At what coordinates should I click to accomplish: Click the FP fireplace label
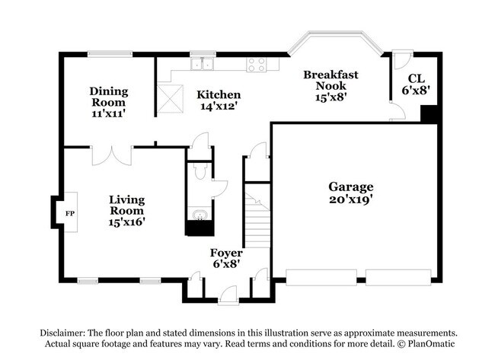point(70,214)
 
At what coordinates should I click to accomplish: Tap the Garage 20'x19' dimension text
point(351,199)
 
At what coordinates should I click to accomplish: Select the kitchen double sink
point(203,64)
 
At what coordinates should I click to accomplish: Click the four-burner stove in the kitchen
point(257,65)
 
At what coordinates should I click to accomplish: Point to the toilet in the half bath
point(200,171)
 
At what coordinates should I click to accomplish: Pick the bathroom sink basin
point(200,215)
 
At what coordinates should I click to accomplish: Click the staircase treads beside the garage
point(257,220)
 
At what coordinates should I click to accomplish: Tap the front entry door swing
point(228,295)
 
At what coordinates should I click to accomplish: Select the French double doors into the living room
point(112,156)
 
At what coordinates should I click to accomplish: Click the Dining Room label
point(109,97)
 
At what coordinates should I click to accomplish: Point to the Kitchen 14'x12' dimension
point(219,106)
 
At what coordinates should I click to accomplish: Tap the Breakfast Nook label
point(331,80)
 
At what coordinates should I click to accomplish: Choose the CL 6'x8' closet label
point(417,84)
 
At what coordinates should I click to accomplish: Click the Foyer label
point(226,253)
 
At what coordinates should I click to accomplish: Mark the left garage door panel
point(321,278)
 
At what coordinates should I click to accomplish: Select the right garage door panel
point(398,278)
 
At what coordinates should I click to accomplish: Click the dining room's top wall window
point(110,54)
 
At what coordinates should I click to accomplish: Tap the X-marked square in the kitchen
point(170,98)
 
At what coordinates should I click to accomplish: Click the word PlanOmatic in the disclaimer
point(431,343)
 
